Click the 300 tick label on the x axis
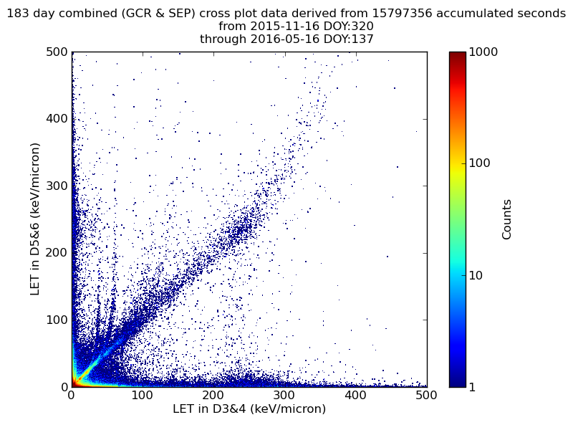pos(213,395)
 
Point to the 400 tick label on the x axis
pos(284,395)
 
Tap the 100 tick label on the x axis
pos(143,395)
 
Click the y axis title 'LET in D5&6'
pos(35,219)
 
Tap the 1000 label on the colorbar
pos(485,52)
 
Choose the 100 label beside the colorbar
pos(481,163)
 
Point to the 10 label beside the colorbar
pos(478,275)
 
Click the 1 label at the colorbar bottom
pos(474,387)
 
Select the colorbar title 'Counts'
pos(507,219)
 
